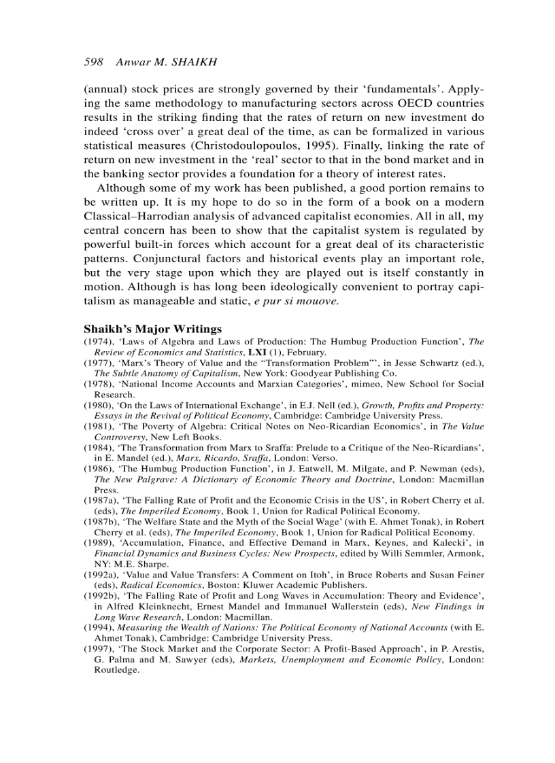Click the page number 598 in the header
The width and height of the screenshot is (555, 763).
(93, 62)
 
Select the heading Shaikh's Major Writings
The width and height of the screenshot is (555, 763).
(152, 329)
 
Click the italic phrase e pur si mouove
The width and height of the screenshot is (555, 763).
(291, 301)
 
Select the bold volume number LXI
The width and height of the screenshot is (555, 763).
(257, 352)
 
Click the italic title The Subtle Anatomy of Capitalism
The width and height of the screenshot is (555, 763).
(166, 373)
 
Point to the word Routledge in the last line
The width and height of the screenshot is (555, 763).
(116, 669)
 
